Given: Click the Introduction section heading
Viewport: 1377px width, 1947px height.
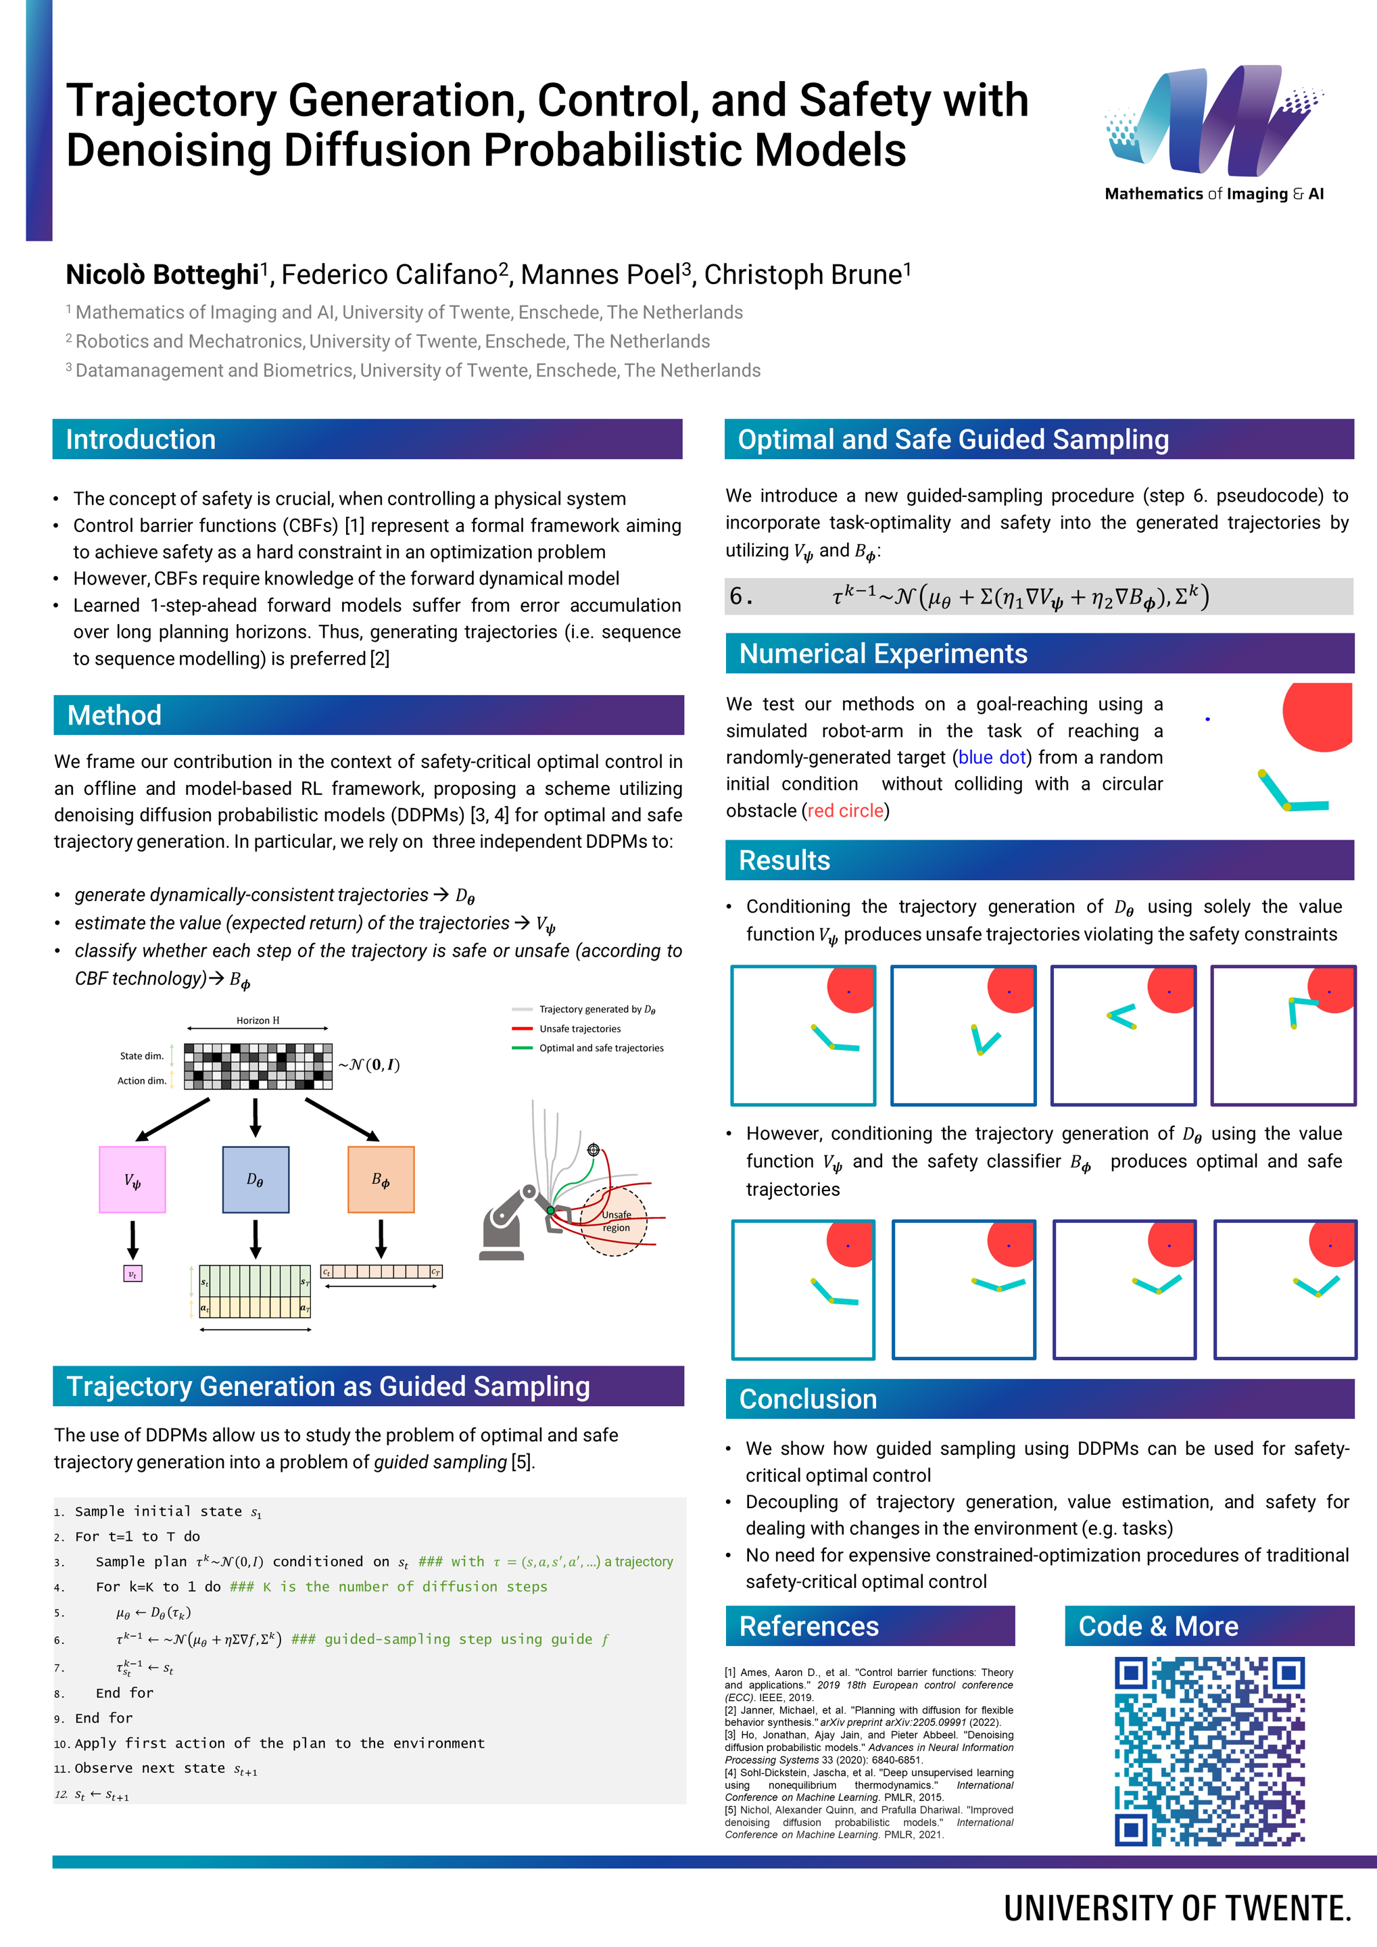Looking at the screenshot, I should click(x=141, y=439).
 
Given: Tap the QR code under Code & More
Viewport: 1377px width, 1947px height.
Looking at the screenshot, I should click(x=1209, y=1751).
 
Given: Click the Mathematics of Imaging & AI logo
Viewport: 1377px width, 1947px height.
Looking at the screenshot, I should click(x=1213, y=134).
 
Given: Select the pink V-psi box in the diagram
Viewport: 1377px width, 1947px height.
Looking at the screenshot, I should click(x=132, y=1180).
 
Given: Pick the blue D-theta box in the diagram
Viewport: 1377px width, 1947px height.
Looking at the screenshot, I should click(x=256, y=1180).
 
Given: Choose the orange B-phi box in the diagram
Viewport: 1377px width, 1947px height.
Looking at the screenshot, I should click(x=381, y=1180).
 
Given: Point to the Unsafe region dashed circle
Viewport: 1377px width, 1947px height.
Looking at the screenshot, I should click(x=614, y=1221).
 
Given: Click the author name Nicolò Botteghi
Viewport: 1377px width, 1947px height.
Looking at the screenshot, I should click(x=162, y=274).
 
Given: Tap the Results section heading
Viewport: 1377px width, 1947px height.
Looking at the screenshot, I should click(x=784, y=860).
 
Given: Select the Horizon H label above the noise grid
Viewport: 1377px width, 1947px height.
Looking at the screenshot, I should click(x=258, y=1020).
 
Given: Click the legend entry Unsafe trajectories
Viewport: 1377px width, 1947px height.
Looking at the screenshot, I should click(x=580, y=1029).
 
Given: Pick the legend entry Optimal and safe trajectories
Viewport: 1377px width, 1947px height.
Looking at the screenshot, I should click(x=601, y=1048).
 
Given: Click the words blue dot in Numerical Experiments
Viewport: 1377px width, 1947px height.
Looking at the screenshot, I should click(x=992, y=757).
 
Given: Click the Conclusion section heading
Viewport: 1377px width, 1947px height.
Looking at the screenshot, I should click(x=807, y=1399).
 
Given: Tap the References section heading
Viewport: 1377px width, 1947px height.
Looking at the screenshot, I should click(x=809, y=1626).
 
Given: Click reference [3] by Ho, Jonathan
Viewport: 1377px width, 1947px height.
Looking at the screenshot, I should click(x=868, y=1747).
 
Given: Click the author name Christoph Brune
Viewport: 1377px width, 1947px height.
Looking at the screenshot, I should click(x=806, y=274).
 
